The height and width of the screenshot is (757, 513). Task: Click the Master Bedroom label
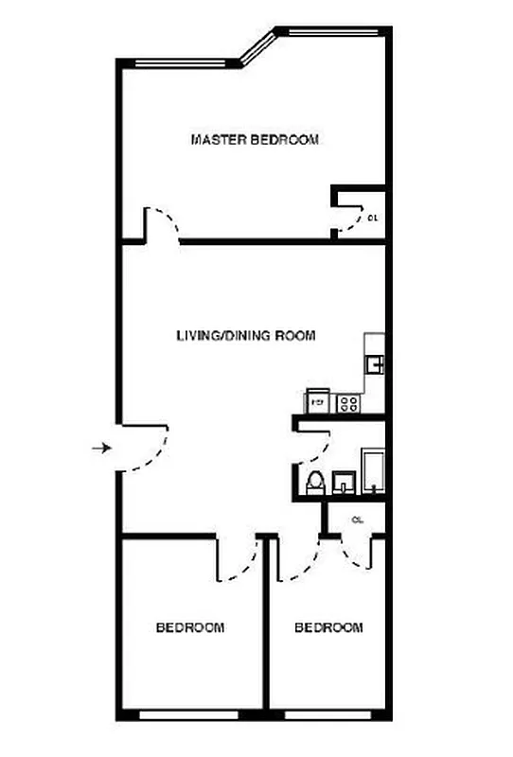(x=255, y=140)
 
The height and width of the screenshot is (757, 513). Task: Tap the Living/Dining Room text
(x=246, y=336)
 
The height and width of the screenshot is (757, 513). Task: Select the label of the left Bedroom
(x=190, y=627)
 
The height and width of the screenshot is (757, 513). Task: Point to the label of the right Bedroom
(x=328, y=627)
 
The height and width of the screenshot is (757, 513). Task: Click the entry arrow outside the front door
(x=100, y=448)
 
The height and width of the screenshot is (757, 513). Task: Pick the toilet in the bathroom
(x=315, y=481)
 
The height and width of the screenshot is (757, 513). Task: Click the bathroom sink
(x=342, y=484)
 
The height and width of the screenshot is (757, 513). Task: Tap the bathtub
(x=373, y=472)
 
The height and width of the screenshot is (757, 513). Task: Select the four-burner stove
(x=348, y=403)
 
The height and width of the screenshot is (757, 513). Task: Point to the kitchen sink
(x=376, y=361)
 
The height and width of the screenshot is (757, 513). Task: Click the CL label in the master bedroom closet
(x=373, y=218)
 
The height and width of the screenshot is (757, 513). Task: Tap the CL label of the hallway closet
(x=358, y=519)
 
